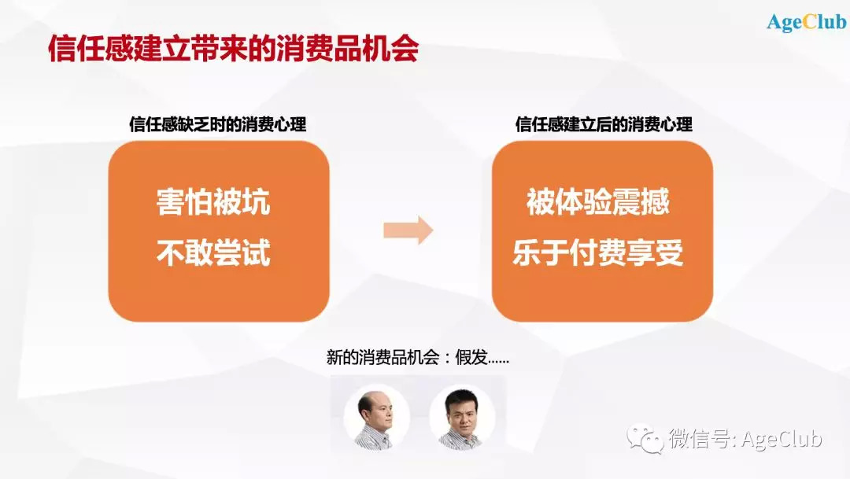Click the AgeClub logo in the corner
coord(806,23)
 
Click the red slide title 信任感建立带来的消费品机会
coord(234,49)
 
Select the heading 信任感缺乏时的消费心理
coord(217,124)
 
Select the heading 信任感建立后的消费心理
coord(604,124)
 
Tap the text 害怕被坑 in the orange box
coord(213,202)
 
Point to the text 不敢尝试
coord(213,252)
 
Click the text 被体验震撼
coord(598,202)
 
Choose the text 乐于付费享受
coord(598,252)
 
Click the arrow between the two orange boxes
coord(408,230)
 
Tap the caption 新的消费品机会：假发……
coord(417,358)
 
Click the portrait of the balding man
coord(376,417)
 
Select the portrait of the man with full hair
coord(462,417)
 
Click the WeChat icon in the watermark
coord(645,439)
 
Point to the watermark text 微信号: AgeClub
coord(745,439)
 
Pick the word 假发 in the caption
coord(471,358)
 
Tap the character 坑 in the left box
coord(257,202)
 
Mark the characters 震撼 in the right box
coord(641,202)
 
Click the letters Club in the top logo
coord(825,22)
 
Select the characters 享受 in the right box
coord(656,252)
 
